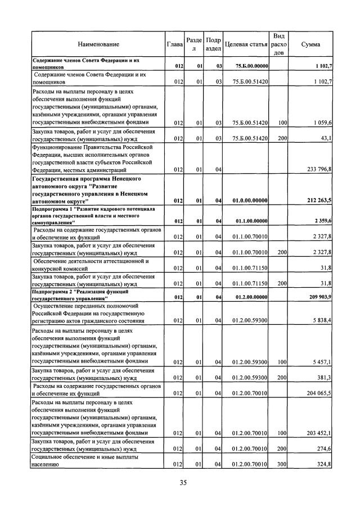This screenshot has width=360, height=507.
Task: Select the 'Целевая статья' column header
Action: pyautogui.click(x=245, y=44)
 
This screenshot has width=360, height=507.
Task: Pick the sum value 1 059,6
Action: pyautogui.click(x=322, y=122)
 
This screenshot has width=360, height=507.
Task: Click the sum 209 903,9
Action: pyautogui.click(x=319, y=297)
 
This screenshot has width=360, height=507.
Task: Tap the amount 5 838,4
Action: pyautogui.click(x=322, y=320)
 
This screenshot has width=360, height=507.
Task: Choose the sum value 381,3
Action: pyautogui.click(x=325, y=378)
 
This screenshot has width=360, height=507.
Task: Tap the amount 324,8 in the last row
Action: pyautogui.click(x=325, y=464)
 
